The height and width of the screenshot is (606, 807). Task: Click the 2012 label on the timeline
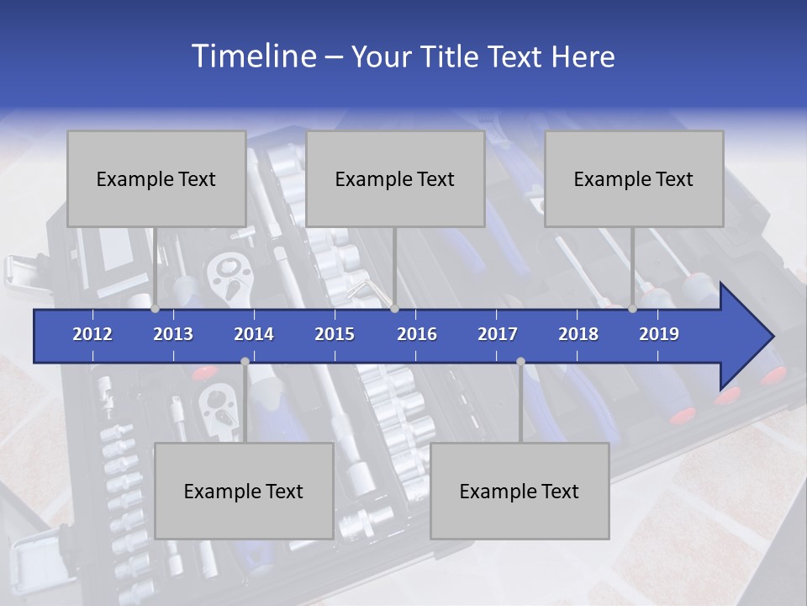[92, 334]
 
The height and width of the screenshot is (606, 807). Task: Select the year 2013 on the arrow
[173, 334]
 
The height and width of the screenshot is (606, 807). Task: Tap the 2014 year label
[254, 334]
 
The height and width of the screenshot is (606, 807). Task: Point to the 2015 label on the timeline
[335, 334]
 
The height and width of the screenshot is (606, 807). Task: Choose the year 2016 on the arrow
[417, 334]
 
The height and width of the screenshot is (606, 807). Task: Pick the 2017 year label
[498, 334]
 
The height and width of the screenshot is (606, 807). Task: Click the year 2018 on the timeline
[578, 334]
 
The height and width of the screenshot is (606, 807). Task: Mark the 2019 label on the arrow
[659, 334]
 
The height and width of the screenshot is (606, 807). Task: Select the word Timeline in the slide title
[253, 56]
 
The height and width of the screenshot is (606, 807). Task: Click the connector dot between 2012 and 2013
[156, 309]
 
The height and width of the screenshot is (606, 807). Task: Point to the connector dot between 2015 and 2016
[394, 309]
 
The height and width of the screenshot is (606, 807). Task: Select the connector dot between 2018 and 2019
[633, 309]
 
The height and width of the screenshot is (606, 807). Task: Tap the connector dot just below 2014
[245, 361]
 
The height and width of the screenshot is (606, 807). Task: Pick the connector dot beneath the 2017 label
[520, 361]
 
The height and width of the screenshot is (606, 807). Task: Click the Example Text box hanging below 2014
[244, 491]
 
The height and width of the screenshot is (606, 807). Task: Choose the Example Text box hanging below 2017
[520, 491]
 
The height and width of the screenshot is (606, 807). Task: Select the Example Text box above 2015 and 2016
[395, 178]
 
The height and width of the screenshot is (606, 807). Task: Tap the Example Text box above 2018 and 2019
[634, 178]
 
